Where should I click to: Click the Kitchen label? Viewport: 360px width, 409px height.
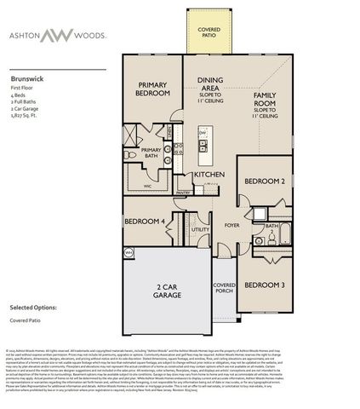pos(209,174)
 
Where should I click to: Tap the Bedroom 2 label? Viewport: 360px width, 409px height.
pos(264,181)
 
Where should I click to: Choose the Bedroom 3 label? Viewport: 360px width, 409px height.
pos(264,285)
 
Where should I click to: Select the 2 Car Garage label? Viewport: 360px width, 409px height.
pos(167,291)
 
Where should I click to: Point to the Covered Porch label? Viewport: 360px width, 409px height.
pos(224,289)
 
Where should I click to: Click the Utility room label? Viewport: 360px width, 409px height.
pos(200,229)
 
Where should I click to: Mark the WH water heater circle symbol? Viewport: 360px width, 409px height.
pos(129,253)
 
